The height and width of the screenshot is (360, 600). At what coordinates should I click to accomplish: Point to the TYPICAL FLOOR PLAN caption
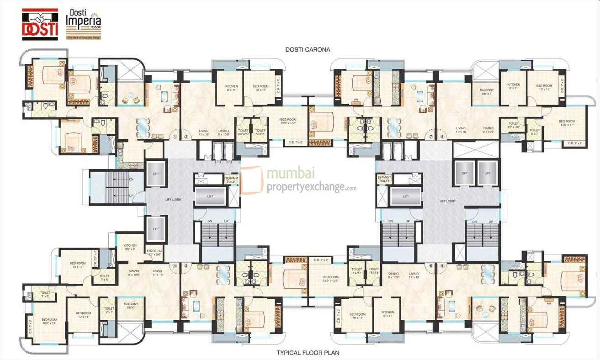click(308, 353)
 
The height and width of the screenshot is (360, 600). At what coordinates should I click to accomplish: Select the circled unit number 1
click(175, 136)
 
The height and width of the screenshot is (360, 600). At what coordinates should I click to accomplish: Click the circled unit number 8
click(442, 136)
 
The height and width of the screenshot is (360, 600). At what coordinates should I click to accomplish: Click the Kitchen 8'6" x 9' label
click(129, 247)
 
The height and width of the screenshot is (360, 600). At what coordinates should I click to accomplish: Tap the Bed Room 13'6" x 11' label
click(567, 123)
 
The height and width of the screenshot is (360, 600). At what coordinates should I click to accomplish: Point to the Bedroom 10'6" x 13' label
click(48, 321)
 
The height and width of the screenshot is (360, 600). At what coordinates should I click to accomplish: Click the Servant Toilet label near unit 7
click(384, 179)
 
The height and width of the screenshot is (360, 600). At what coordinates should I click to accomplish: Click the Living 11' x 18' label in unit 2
click(203, 132)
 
